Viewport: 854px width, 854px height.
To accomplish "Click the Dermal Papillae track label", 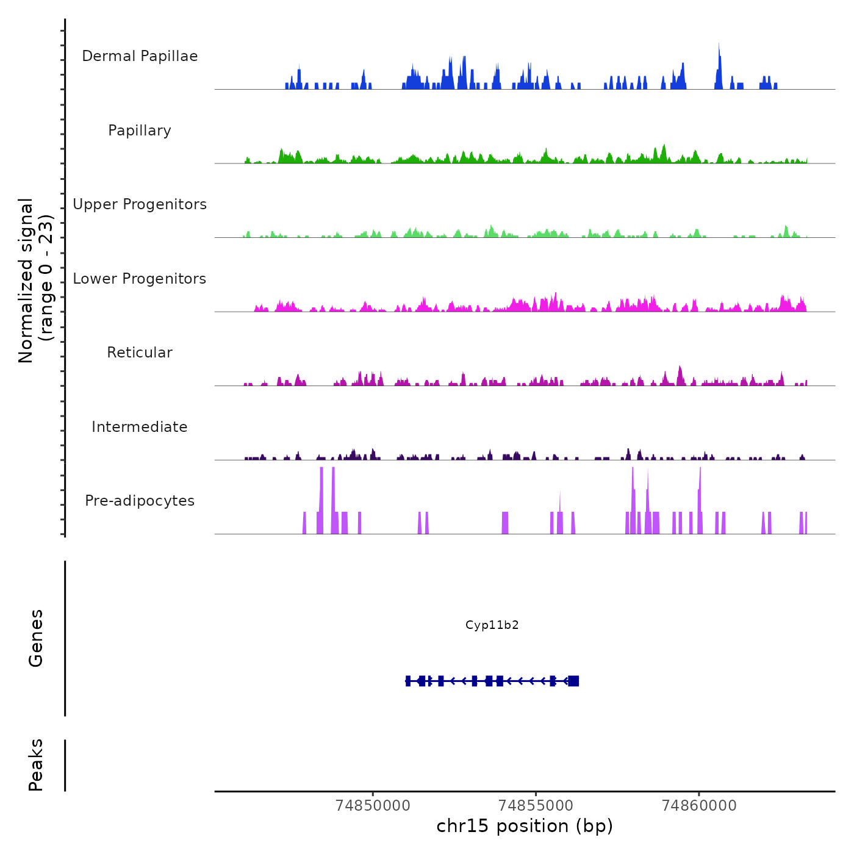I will point(140,56).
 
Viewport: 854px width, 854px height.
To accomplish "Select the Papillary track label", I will point(140,131).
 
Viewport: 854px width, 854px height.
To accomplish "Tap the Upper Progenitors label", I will point(140,204).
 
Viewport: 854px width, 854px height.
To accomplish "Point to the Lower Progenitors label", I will point(140,279).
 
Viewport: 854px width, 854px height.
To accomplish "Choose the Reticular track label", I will point(140,353).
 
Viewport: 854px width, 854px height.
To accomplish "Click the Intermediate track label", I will point(140,427).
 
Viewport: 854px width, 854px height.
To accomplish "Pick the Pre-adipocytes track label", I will point(140,501).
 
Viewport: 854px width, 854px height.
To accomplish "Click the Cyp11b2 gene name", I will point(492,625).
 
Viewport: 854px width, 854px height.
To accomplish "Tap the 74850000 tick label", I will point(373,806).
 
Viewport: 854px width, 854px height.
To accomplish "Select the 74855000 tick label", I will point(536,806).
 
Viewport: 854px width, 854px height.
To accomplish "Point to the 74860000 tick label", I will point(699,806).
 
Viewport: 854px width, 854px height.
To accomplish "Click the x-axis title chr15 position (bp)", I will point(525,826).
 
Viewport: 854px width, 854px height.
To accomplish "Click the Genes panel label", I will point(36,638).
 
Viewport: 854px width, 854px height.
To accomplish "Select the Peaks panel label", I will point(36,765).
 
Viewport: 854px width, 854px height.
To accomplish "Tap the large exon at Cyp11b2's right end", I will point(573,681).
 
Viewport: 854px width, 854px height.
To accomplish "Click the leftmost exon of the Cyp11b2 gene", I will point(408,681).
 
